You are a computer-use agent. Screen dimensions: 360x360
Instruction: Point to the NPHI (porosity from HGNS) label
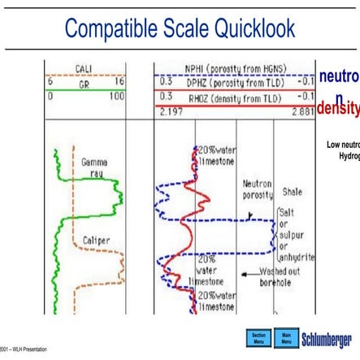232,69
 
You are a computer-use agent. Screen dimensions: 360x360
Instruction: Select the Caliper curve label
96,241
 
